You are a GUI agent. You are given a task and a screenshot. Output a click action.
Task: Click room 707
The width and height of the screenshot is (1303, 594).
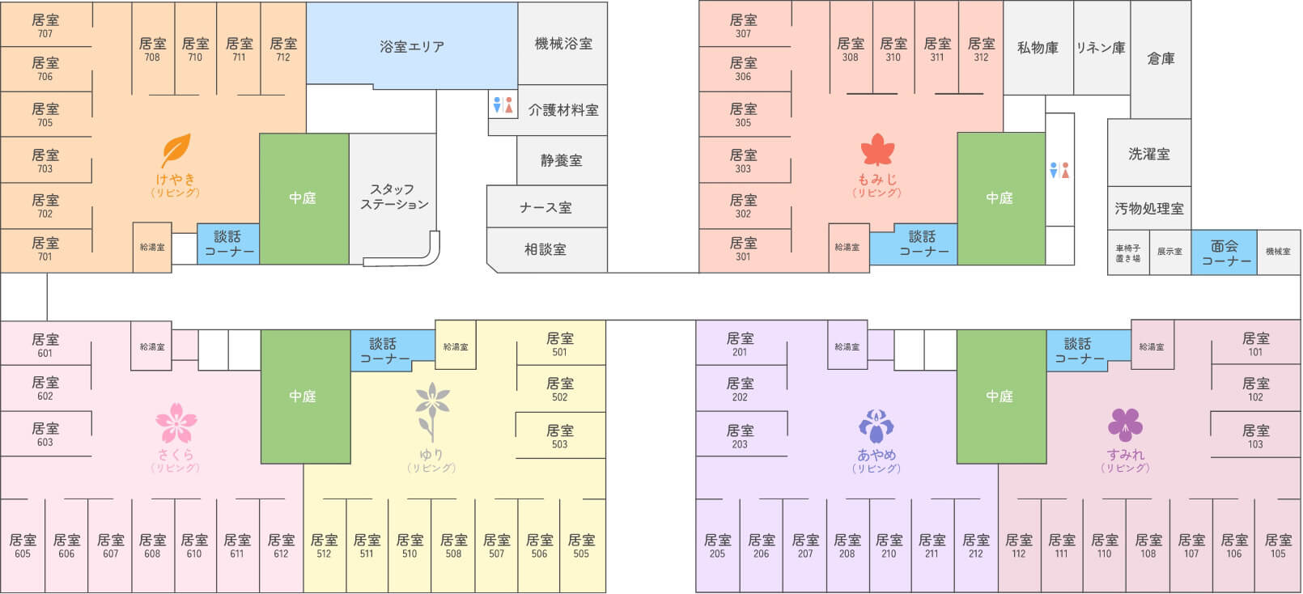coord(45,25)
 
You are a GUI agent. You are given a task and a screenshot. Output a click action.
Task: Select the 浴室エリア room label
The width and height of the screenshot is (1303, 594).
coord(412,46)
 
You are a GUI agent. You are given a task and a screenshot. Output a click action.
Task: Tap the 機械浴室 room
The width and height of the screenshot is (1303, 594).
coord(563,44)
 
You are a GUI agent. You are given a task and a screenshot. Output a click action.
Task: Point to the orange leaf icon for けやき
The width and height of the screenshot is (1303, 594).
coord(176,151)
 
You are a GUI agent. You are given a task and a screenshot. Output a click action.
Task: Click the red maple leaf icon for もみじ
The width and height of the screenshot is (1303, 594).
coord(877,151)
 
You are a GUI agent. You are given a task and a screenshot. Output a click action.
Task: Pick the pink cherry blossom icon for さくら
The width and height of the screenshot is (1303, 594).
coord(176,422)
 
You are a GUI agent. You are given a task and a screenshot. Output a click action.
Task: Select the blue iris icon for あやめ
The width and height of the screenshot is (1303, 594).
coord(876,426)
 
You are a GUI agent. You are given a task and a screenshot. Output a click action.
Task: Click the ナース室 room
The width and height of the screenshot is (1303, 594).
coord(546,207)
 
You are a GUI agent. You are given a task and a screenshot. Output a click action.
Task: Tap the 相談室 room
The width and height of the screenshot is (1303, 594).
coord(546,249)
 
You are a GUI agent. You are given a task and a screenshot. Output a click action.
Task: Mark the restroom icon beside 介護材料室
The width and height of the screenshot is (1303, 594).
coord(503,105)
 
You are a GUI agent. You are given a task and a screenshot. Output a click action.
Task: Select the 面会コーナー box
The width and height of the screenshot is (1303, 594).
coord(1224,252)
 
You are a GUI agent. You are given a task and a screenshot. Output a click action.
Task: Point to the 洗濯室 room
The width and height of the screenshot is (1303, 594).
coord(1149,154)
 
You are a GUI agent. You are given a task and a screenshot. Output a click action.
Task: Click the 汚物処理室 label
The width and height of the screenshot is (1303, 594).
coord(1149,208)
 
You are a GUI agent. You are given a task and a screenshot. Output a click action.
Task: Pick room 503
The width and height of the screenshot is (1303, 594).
coord(560,436)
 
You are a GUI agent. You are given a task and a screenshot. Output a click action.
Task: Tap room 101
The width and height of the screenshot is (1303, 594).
coord(1255,344)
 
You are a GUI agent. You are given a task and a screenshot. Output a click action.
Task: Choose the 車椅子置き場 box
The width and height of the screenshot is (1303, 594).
coord(1128,253)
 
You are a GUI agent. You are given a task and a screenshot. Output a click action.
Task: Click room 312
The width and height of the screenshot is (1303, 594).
coord(981,49)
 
